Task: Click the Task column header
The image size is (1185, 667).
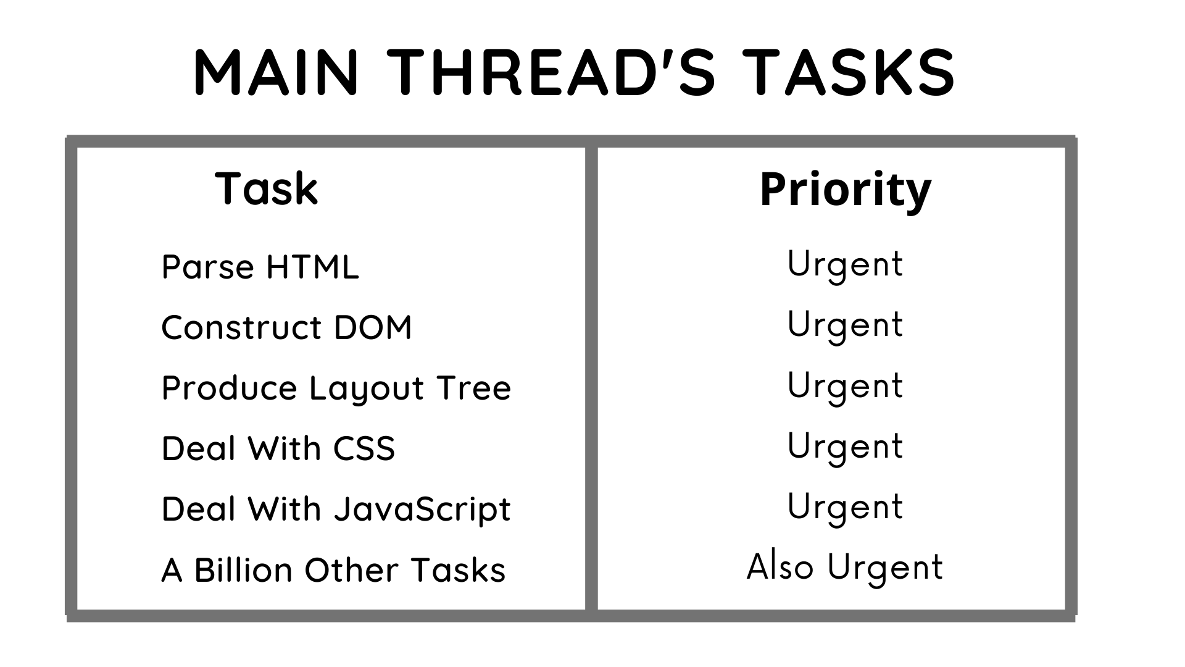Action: pos(267,188)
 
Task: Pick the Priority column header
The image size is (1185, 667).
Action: pos(846,190)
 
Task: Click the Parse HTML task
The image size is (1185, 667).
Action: pos(260,267)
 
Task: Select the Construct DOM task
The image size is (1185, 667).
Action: pos(286,327)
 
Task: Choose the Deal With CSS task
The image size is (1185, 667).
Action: pos(278,448)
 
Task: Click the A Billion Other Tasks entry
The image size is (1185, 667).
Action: pos(333,569)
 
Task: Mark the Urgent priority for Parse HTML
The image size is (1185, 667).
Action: pos(845,266)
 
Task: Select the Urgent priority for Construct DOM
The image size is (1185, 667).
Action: pos(845,326)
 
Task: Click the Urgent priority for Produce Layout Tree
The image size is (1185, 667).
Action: pos(845,387)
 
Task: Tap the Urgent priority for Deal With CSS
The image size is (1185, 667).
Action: pos(845,447)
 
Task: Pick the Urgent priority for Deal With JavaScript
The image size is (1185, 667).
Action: pos(845,508)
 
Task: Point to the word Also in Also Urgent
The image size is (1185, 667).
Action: pos(780,566)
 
